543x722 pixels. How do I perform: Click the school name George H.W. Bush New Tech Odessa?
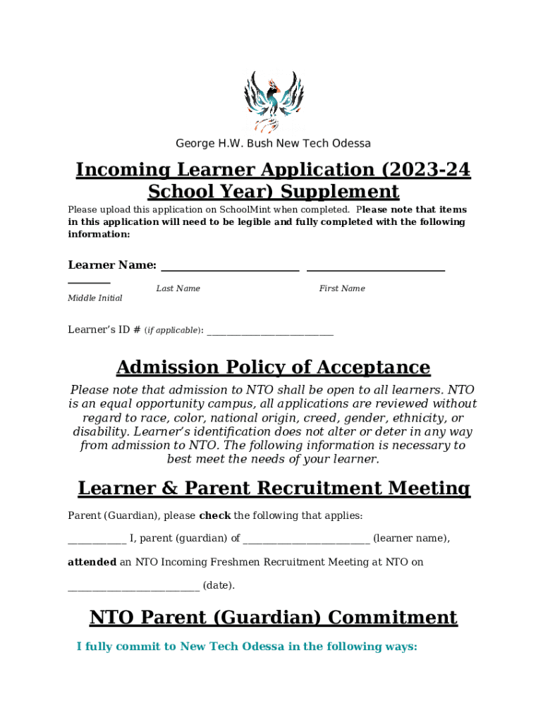click(273, 144)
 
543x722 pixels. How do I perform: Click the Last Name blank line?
click(230, 269)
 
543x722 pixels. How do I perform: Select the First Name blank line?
click(376, 269)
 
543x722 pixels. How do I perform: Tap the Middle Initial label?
click(94, 298)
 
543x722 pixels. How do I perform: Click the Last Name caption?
click(178, 288)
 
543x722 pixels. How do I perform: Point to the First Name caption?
click(342, 288)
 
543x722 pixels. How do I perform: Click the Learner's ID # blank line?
click(270, 331)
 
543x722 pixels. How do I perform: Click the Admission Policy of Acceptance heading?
click(273, 367)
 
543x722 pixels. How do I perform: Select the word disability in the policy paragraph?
click(99, 432)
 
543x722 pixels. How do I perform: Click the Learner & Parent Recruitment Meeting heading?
click(274, 488)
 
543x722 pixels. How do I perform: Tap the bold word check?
click(215, 516)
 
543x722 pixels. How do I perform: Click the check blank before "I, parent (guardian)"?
click(97, 540)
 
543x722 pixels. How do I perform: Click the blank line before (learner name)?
click(306, 540)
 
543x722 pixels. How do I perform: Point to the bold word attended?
click(92, 563)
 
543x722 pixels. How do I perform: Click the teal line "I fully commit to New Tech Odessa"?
click(247, 647)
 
